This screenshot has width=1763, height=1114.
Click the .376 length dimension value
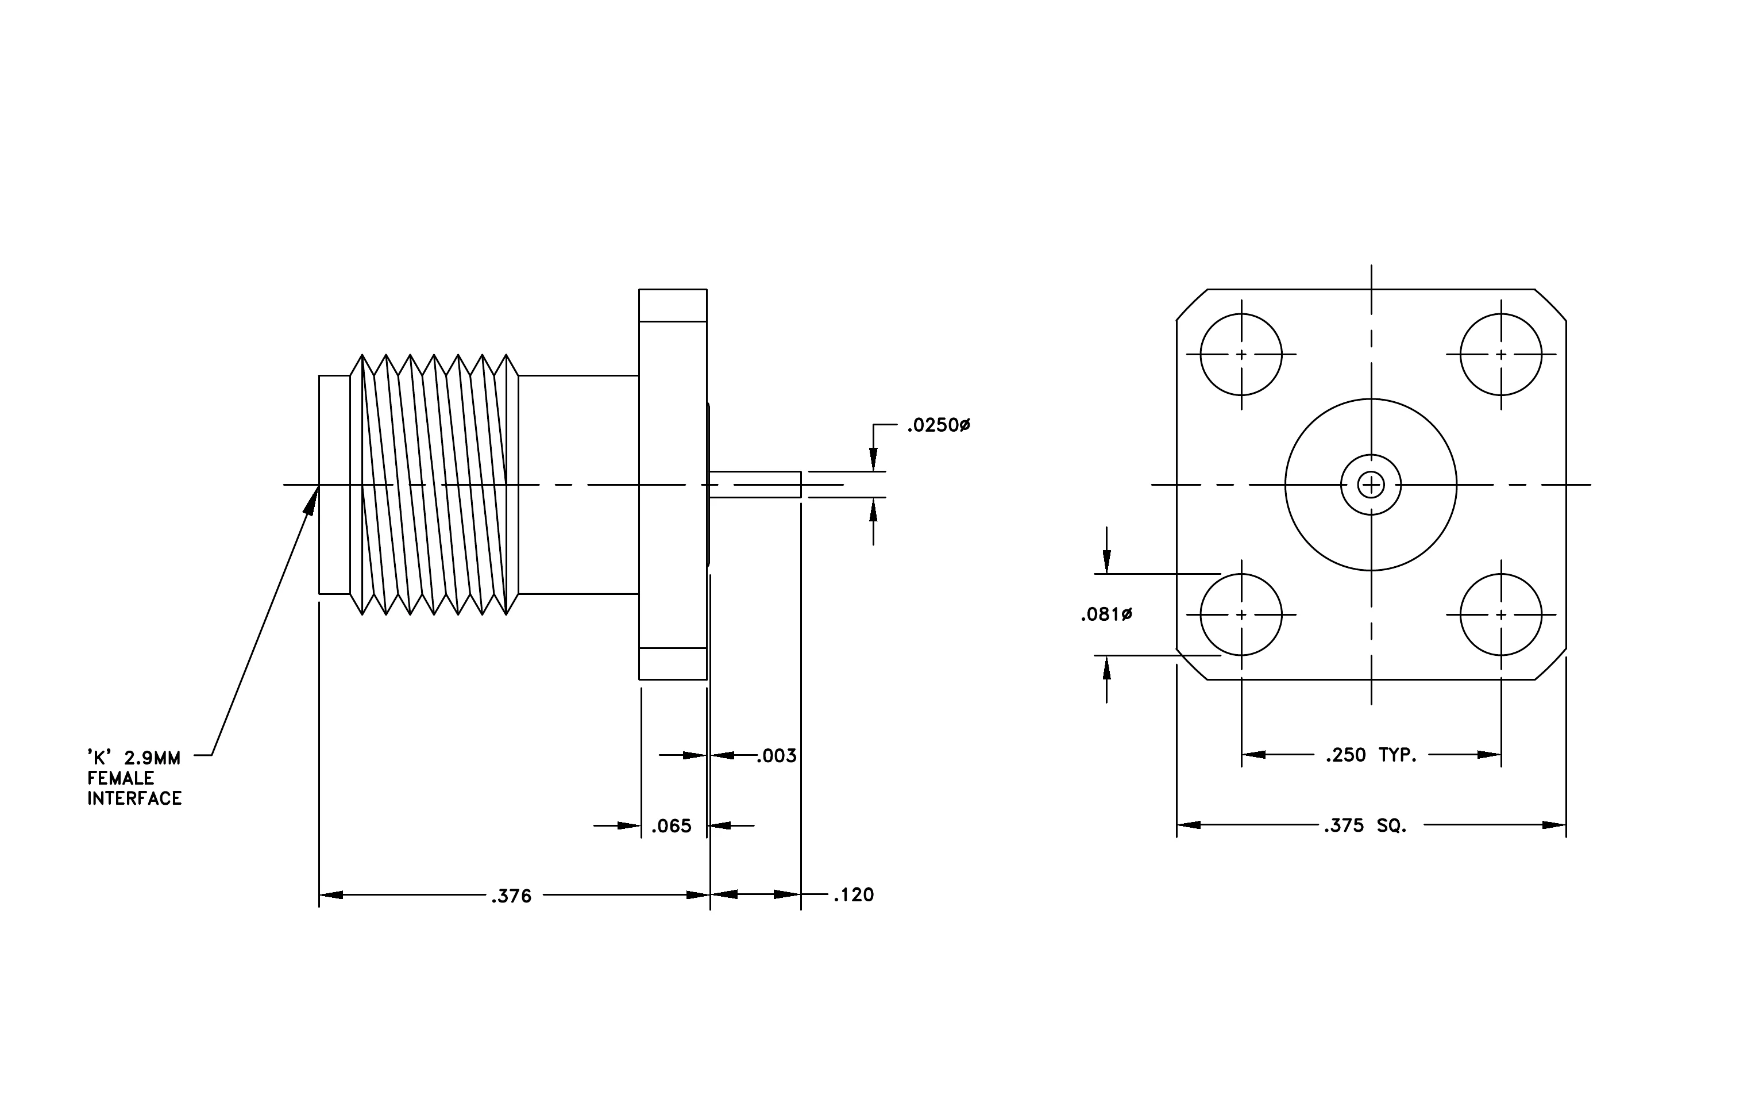[x=511, y=896]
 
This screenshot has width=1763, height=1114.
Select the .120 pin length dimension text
[x=854, y=894]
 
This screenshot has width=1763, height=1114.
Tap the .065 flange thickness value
[x=672, y=825]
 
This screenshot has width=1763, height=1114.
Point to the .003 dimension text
[x=776, y=755]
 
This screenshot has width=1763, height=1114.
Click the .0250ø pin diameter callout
[x=939, y=425]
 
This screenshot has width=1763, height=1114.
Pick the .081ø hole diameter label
[x=1106, y=614]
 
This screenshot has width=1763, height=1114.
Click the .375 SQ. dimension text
[x=1365, y=825]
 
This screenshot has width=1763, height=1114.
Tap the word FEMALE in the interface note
[x=121, y=778]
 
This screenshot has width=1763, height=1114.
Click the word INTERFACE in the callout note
[x=135, y=798]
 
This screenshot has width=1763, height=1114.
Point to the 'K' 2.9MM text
[x=134, y=757]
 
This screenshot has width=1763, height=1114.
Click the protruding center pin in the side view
[x=755, y=485]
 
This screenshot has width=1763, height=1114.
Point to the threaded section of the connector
[x=434, y=485]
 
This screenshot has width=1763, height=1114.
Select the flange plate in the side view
[x=673, y=485]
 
